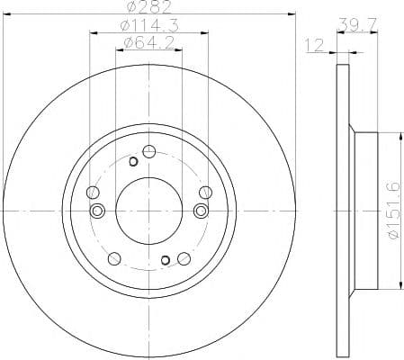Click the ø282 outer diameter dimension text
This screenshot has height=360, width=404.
coord(148,7)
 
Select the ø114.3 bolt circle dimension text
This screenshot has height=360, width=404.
coord(148,26)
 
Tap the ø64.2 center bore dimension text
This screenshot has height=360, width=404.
coord(148,43)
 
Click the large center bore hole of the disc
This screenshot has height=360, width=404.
coord(148,210)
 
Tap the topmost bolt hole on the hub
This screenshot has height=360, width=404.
coord(148,150)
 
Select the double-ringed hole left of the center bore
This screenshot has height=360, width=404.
coord(98,210)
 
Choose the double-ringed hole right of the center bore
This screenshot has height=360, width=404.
coord(200,210)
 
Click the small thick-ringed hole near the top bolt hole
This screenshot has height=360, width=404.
coord(133,162)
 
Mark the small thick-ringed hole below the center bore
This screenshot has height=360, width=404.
coord(165,261)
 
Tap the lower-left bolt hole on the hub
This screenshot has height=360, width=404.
coord(113,259)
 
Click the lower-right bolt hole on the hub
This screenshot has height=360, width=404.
coord(185,259)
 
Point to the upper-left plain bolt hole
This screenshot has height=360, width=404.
coord(92,192)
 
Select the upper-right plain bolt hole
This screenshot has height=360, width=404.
coord(205,192)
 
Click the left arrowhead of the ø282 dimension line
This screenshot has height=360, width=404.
coord(6,13)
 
